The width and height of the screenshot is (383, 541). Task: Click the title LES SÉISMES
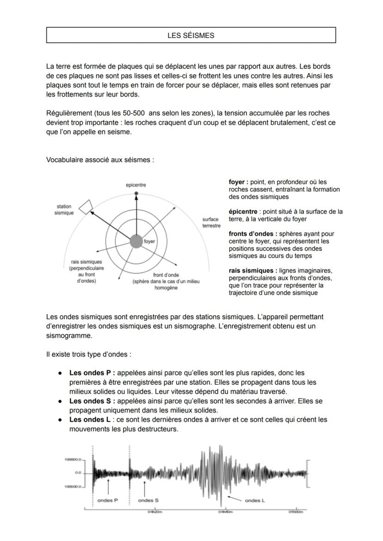(191, 35)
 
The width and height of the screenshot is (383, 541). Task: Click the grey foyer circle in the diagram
(136, 241)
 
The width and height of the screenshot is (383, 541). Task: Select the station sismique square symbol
(86, 207)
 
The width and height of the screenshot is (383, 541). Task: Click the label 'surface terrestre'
(211, 222)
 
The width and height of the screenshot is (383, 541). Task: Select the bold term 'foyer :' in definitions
(239, 182)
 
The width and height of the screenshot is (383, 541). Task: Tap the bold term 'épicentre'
(243, 211)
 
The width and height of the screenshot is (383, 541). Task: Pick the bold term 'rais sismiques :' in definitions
(253, 270)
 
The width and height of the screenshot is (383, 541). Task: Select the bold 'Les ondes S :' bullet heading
(92, 401)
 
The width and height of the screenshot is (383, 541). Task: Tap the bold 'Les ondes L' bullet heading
(90, 420)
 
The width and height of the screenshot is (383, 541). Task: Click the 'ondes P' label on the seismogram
(108, 500)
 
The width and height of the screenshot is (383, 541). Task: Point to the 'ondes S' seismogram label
(148, 500)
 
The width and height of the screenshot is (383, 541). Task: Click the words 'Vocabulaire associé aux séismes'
(100, 160)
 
